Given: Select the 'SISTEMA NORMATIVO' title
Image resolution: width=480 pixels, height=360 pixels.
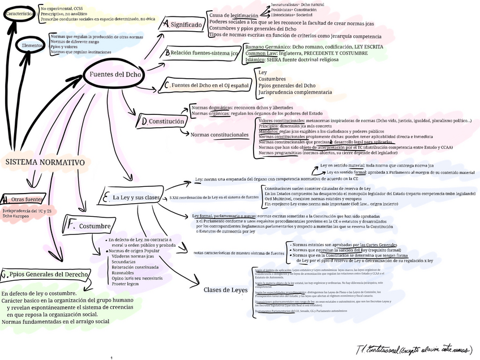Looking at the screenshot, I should click(45, 162).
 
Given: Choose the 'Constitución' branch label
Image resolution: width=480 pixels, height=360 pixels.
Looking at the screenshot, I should click(166, 121).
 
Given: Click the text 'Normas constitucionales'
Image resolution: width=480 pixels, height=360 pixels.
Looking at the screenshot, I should click(220, 135).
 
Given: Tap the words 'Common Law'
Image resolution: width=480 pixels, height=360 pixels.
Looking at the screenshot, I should click(260, 53).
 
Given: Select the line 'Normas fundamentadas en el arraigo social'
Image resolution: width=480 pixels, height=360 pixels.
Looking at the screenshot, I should click(55, 322).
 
